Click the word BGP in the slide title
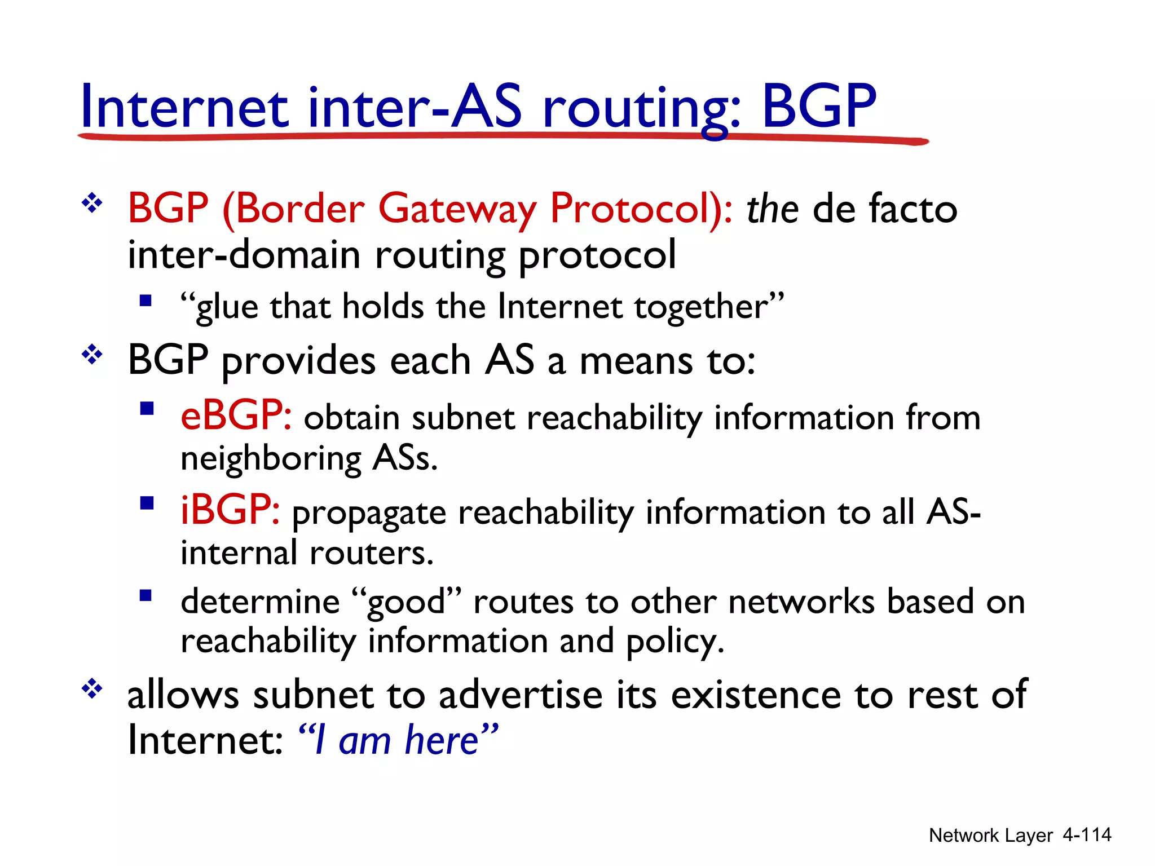(x=819, y=106)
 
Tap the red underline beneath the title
(x=502, y=136)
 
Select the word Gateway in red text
(x=457, y=210)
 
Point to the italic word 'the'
(x=772, y=209)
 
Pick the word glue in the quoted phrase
(x=227, y=308)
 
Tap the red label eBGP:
(x=236, y=416)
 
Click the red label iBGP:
(x=230, y=510)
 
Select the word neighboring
(x=271, y=459)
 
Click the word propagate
(x=369, y=514)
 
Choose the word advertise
(x=521, y=695)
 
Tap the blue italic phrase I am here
(x=398, y=740)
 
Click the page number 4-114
(x=1086, y=834)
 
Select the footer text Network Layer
(x=990, y=835)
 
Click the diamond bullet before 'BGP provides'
(x=92, y=355)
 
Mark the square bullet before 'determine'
(x=146, y=596)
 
